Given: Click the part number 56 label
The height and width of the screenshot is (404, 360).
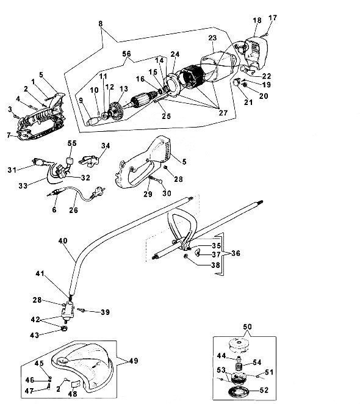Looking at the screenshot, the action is [x=126, y=54].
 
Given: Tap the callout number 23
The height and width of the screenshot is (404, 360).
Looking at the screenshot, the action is [x=212, y=38].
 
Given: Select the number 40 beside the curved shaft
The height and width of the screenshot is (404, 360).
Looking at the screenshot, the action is [x=63, y=240].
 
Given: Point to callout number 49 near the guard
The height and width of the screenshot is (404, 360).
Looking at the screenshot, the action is [x=134, y=361].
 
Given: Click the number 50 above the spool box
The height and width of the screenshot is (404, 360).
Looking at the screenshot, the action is [x=247, y=326].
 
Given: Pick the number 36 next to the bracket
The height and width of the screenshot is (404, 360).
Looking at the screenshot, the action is [x=236, y=253].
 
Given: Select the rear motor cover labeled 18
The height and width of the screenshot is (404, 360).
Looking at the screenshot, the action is [x=256, y=53].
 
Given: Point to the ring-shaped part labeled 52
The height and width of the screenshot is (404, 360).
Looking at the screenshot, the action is [x=239, y=391].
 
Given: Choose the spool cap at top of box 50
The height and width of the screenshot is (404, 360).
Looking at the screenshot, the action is [x=239, y=345].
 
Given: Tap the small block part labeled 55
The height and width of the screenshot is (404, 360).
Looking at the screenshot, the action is [x=70, y=162].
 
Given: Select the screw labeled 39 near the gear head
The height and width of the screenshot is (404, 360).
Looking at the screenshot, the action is [x=82, y=310].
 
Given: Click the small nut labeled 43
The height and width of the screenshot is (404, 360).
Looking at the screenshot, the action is [x=64, y=328].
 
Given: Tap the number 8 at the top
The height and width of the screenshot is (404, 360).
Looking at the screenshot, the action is [x=100, y=23].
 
